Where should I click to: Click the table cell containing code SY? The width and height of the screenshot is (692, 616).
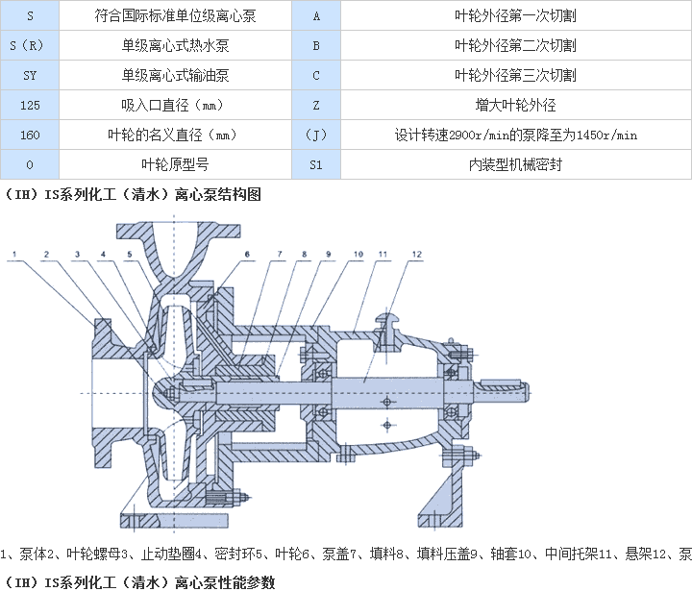tap(29, 75)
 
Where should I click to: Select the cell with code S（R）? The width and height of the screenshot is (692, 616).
tap(29, 45)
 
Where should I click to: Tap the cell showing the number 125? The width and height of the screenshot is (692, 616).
tap(29, 105)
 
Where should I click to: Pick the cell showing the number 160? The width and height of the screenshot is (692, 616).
tap(29, 135)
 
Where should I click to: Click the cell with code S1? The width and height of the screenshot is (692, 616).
tap(316, 164)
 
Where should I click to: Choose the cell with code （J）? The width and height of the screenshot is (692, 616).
tap(316, 135)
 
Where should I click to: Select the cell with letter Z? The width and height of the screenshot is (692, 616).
tap(316, 105)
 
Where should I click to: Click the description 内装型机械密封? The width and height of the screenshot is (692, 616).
tap(515, 164)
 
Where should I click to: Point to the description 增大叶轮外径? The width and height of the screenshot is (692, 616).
tap(515, 105)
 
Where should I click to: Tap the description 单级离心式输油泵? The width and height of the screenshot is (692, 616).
tap(175, 75)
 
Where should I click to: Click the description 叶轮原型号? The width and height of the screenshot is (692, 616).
tap(175, 164)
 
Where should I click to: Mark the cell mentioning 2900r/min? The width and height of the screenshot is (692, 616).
tap(515, 135)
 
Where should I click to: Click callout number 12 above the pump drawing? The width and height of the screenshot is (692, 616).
tap(415, 255)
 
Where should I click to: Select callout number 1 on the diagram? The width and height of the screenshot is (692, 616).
tap(16, 255)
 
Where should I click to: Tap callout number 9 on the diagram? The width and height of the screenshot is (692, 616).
tap(329, 255)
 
